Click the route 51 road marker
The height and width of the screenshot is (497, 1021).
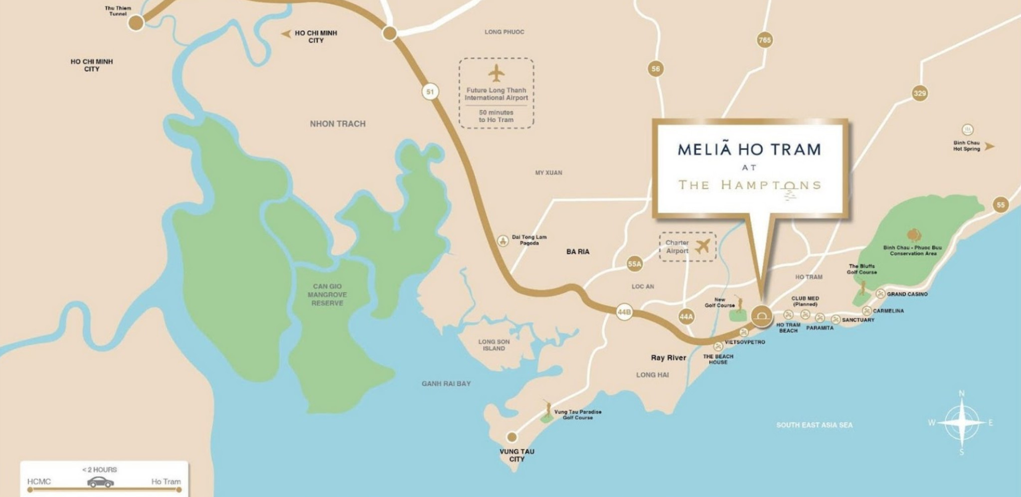pos(430,92)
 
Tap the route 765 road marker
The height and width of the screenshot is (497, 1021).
pos(764,40)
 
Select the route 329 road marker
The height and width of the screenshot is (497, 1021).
pos(919,93)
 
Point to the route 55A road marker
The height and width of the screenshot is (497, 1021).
pos(634,264)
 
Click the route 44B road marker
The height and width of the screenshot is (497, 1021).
pos(624,313)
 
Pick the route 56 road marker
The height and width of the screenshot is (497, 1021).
pos(656,69)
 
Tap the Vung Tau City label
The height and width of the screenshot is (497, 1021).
pos(516,455)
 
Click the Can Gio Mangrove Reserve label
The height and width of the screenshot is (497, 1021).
pos(327,295)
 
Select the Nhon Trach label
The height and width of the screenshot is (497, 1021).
pos(338,124)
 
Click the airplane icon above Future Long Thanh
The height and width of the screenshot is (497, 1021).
pos(496,73)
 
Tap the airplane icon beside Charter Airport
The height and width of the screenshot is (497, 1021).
pos(702,246)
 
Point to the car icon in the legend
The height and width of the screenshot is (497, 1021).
pos(100,482)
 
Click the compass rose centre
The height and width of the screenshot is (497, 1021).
pos(961,423)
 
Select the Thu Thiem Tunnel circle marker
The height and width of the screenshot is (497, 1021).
pos(136,23)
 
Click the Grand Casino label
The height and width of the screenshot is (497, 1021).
pos(907,294)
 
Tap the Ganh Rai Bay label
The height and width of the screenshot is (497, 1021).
pos(446,383)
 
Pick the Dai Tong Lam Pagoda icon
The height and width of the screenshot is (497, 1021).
pos(503,240)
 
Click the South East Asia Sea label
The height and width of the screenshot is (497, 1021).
pos(814,425)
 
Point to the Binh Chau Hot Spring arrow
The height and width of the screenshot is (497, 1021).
pos(989,146)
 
